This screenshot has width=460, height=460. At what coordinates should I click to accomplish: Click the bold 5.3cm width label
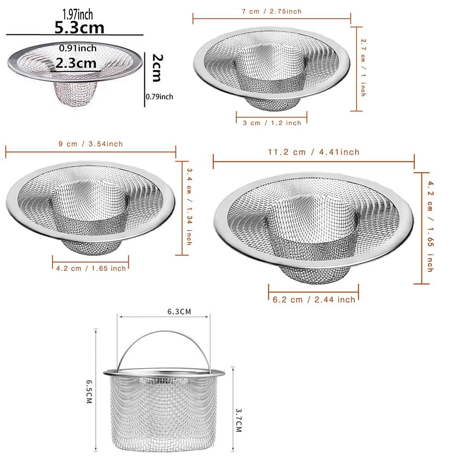79,28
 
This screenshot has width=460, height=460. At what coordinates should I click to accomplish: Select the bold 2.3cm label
76,63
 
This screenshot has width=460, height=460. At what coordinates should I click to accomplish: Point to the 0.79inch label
159,97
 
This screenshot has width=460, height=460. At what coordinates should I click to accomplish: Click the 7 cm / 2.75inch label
272,11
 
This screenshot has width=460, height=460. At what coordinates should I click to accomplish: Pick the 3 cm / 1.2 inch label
272,123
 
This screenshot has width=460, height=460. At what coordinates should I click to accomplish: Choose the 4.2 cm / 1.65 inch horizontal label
91,268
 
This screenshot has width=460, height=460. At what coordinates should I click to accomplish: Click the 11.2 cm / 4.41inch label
314,152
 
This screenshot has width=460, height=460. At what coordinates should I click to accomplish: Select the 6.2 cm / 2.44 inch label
314,299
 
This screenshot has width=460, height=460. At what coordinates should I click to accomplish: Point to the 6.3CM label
179,312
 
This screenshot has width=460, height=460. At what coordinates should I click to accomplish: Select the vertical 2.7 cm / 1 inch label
363,68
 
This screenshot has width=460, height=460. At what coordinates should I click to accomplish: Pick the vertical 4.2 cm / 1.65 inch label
429,226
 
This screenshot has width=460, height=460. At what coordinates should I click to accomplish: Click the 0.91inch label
78,48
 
